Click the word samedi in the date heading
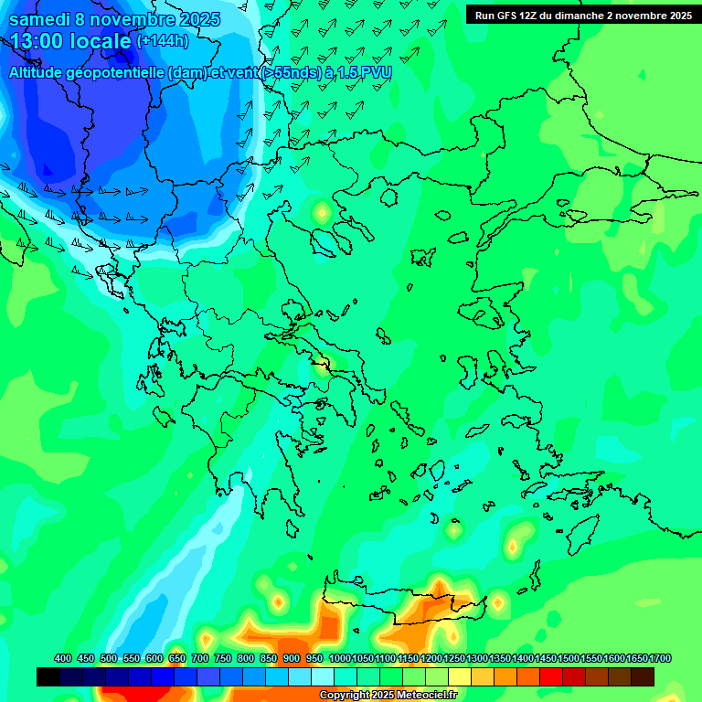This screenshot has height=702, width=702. pos(43,19)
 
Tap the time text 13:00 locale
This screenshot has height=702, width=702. pos(70,41)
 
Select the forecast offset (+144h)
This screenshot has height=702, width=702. pos(163,41)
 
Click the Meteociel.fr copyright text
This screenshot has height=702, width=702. pos(387,695)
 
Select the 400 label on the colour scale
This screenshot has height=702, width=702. pos(63,658)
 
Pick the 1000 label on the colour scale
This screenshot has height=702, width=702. pos(340,658)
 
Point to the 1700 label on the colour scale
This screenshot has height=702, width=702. pos(660,658)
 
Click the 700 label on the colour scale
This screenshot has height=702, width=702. pos(200,658)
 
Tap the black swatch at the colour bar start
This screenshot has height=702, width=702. pos(48,676)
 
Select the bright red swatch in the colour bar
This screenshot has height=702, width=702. pos(551,676)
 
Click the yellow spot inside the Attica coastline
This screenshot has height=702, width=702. pos(323,368)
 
